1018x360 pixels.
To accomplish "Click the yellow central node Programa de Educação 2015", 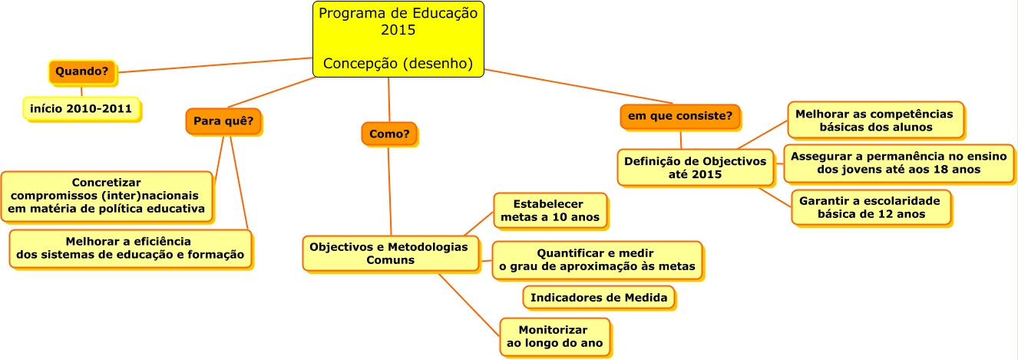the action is pos(398,39).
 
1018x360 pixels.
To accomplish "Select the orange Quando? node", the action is pos(81,71).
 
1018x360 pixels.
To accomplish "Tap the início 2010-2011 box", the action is pos(81,109).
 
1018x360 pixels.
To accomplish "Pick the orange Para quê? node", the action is pos(223,121).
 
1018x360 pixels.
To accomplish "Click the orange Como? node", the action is pos(388,134).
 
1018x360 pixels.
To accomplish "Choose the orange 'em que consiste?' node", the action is pos(679,117).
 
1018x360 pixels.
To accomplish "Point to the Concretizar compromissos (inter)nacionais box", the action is pos(107,196).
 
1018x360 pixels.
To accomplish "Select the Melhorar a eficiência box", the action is pos(130,247).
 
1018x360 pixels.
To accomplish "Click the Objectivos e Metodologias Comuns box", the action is pos(389,253).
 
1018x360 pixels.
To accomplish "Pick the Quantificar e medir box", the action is pos(597,259).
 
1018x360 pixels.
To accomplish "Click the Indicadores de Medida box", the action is pos(599,297).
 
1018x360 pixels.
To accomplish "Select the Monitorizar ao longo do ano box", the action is pos(554,336).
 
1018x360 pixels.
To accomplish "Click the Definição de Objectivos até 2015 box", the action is pos(695,167).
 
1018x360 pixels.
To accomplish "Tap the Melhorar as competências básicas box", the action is pos(874,120).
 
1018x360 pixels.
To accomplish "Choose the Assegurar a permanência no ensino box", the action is pos(897,162).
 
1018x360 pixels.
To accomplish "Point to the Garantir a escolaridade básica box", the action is pos(870,207).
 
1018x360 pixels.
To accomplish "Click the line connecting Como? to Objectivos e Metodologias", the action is pos(389,192).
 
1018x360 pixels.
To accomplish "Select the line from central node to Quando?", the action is pos(215,64).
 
